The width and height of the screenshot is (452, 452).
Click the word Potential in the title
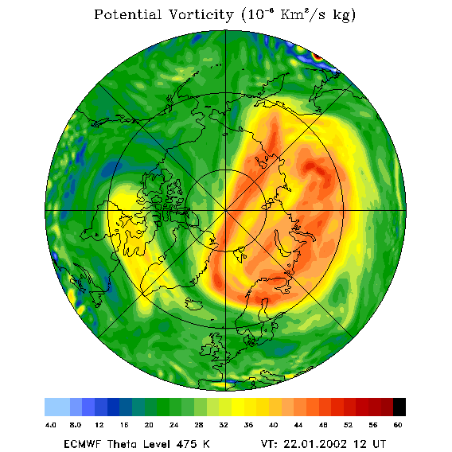(x=127, y=14)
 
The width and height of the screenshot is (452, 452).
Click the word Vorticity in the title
(x=201, y=14)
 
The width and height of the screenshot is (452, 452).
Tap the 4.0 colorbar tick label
(x=51, y=425)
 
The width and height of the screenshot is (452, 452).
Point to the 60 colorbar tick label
(x=398, y=425)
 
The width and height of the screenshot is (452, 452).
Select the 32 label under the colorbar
(x=224, y=425)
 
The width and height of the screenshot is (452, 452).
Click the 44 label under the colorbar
(x=298, y=425)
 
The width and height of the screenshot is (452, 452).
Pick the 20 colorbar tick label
(x=149, y=425)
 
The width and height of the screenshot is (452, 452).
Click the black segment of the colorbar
(x=399, y=407)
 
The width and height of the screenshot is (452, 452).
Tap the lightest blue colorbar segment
(x=57, y=407)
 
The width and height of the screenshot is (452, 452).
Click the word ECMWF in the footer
(x=82, y=444)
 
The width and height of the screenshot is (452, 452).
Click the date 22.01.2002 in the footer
(x=315, y=444)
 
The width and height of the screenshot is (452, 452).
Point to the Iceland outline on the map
(x=195, y=303)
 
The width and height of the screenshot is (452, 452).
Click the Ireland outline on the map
(x=206, y=349)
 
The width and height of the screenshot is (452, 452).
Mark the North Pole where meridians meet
(x=226, y=211)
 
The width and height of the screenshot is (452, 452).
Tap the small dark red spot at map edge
(x=318, y=56)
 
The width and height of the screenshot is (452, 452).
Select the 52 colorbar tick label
(x=349, y=425)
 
